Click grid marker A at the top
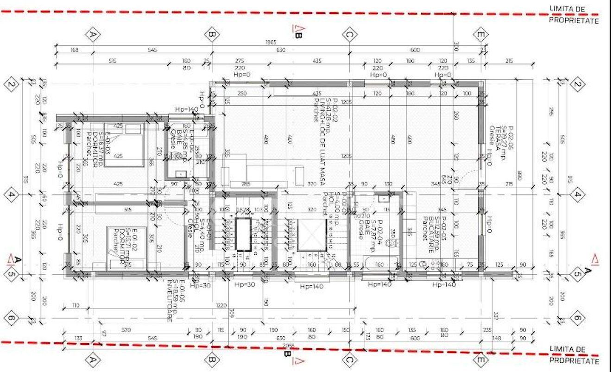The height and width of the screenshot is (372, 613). click(x=93, y=34)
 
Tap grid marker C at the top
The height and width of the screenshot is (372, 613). click(x=350, y=34)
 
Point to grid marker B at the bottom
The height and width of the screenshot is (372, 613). click(x=212, y=359)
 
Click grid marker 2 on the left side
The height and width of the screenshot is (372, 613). click(x=11, y=84)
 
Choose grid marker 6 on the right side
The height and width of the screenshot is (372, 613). click(x=577, y=318)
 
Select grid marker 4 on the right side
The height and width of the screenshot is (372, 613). click(x=577, y=195)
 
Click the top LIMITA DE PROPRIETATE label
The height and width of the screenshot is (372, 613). click(x=574, y=14)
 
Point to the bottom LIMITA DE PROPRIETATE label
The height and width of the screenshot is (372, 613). click(x=574, y=355)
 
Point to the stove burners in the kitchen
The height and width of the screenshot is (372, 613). click(x=434, y=265)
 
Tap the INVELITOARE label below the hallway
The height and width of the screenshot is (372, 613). click(x=170, y=302)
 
